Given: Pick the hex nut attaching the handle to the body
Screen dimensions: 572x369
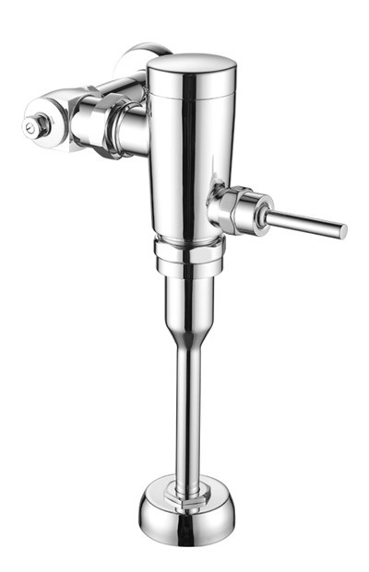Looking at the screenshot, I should pos(228,209).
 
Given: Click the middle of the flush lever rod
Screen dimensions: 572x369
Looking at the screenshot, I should pos(304,222).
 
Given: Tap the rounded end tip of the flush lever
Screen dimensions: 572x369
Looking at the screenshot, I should pos(342,230).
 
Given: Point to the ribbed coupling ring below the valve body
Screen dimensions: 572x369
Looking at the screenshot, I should pos(188,250).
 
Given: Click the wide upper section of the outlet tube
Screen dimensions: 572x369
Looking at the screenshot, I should pos(189,299).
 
